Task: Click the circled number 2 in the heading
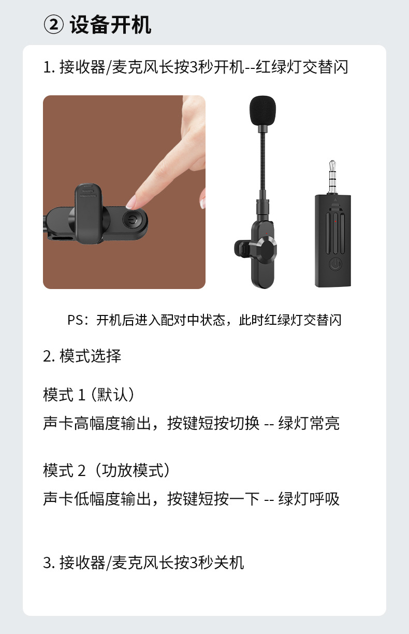[x=54, y=25]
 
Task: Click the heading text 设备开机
[x=110, y=25]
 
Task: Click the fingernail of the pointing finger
[x=131, y=201]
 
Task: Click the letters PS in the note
[x=76, y=320]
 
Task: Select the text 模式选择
[x=91, y=356]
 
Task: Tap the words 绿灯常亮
[x=309, y=423]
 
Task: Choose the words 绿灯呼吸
[x=309, y=499]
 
